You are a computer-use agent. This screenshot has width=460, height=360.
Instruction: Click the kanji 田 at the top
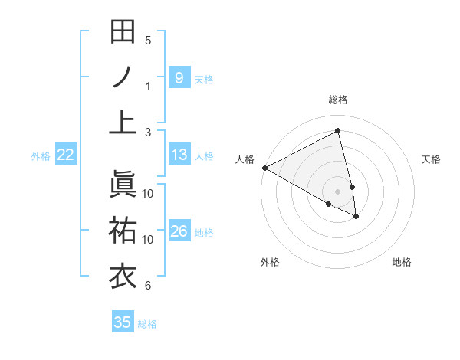[123, 32]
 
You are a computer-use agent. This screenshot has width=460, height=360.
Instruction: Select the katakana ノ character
[123, 77]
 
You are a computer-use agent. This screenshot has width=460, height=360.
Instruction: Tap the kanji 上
[123, 122]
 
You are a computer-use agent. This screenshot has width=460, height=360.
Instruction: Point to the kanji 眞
[123, 184]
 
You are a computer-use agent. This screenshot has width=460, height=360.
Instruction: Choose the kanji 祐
[123, 230]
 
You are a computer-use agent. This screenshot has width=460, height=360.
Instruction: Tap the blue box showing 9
[179, 77]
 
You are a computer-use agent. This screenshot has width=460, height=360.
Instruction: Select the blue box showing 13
[179, 155]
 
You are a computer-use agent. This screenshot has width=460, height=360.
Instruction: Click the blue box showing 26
[179, 231]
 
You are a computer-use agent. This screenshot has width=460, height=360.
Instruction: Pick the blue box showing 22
[65, 155]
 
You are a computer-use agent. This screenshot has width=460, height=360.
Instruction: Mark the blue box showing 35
[122, 322]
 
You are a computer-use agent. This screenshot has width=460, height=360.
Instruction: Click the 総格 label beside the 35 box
[147, 323]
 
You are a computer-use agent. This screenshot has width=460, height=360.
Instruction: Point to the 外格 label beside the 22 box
[41, 156]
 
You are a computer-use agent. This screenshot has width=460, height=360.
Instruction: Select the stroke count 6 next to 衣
[148, 286]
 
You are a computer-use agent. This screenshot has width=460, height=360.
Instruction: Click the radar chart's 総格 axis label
[337, 100]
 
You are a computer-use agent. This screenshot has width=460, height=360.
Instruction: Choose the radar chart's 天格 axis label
[431, 159]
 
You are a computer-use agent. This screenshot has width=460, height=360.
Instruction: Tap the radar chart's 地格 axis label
[402, 262]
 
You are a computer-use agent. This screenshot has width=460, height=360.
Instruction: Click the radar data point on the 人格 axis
[264, 167]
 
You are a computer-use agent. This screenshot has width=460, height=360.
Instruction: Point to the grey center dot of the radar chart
[337, 191]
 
